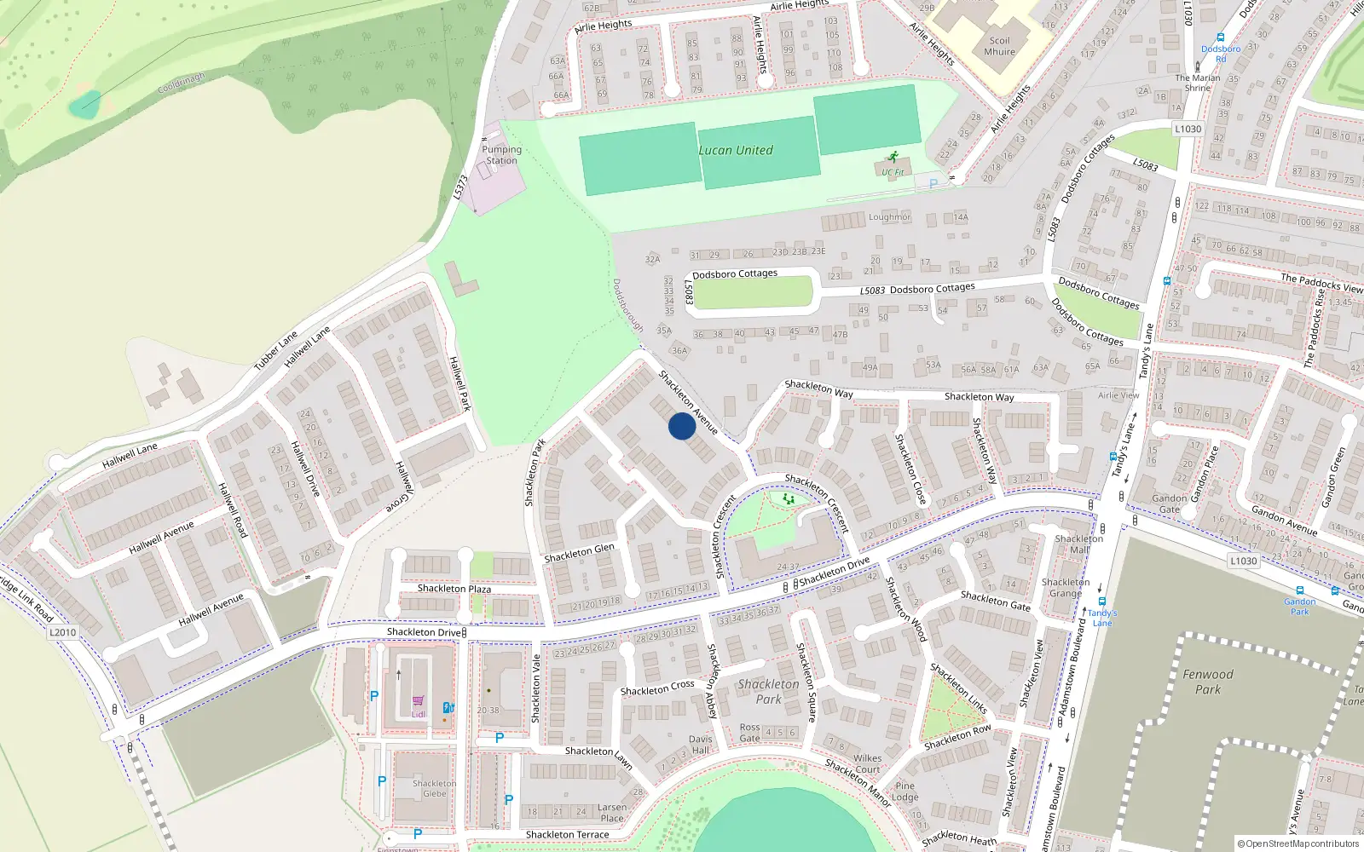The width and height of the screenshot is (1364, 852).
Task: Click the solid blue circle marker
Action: (682, 426)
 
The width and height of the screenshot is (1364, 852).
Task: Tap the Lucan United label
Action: (736, 151)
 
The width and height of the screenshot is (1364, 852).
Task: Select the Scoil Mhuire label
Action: (999, 46)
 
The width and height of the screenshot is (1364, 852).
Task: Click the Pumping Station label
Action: (501, 155)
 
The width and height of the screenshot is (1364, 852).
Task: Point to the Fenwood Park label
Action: (1207, 682)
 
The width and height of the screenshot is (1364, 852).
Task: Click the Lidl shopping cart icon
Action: (418, 701)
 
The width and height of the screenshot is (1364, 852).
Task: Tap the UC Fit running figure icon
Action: (893, 157)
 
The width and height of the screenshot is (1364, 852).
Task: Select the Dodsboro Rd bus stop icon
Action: (1221, 37)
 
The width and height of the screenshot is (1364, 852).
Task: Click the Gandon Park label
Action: (1299, 606)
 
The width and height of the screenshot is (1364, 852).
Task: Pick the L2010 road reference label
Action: (62, 632)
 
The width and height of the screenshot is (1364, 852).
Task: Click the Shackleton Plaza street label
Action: (454, 589)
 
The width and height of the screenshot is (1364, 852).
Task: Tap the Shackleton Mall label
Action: (1078, 544)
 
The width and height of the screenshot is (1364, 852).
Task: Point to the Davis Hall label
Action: (700, 745)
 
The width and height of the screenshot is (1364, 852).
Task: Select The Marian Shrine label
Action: (1197, 83)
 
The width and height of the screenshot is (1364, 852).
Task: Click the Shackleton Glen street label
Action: (579, 553)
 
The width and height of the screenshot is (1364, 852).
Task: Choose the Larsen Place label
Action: (612, 813)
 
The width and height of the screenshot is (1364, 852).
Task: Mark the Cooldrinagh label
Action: (181, 83)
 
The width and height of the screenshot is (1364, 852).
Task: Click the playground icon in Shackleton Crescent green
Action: (789, 498)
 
